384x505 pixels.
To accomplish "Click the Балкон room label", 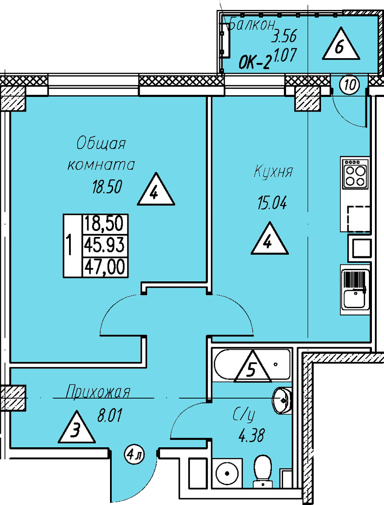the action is (x=252, y=24).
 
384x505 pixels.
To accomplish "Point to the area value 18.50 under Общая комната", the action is (x=107, y=187).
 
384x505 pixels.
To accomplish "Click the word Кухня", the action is (x=274, y=171).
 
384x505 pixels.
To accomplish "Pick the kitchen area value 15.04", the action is (x=272, y=203).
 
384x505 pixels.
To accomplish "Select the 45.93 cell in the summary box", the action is (x=104, y=246).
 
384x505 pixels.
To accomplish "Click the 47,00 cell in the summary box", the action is (x=104, y=267).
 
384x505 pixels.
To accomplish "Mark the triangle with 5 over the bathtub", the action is (x=252, y=367).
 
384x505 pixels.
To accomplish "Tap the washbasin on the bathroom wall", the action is (x=282, y=400).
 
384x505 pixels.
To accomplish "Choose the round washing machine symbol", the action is (x=227, y=473).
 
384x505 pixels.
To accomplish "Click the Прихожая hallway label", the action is (x=98, y=392).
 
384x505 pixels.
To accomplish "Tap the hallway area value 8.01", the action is (x=110, y=415).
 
